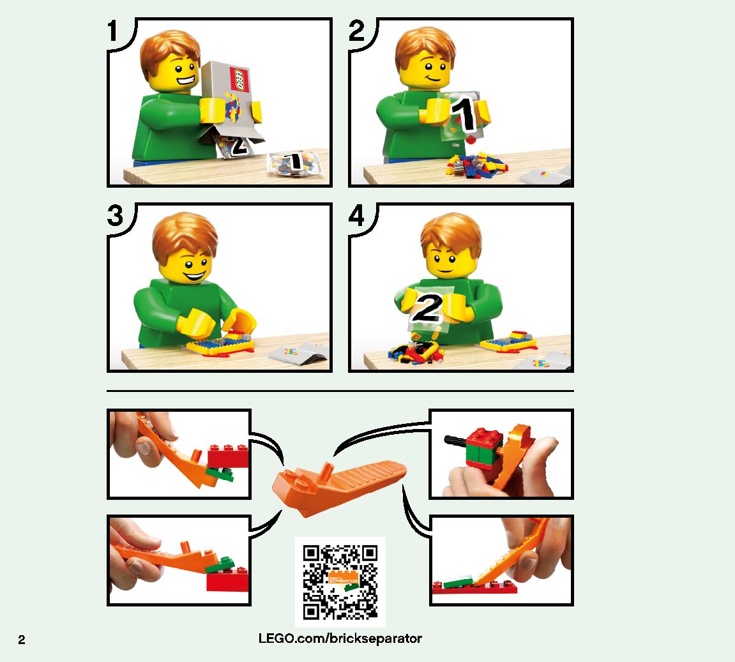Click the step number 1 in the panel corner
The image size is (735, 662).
tap(112, 31)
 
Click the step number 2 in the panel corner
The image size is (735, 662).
tap(356, 31)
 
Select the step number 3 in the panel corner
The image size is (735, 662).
tap(116, 215)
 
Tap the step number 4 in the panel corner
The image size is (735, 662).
tap(357, 216)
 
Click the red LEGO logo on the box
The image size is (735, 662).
tap(239, 80)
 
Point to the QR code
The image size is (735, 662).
tap(340, 582)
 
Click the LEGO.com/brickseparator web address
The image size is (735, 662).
tap(340, 638)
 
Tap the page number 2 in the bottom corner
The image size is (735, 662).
tap(22, 640)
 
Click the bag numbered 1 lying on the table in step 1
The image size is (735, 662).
tap(296, 164)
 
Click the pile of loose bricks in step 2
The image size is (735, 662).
tap(476, 165)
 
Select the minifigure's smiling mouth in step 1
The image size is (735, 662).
tap(186, 83)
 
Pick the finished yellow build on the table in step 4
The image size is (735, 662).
tap(508, 341)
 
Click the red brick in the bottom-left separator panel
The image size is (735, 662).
tap(227, 582)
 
